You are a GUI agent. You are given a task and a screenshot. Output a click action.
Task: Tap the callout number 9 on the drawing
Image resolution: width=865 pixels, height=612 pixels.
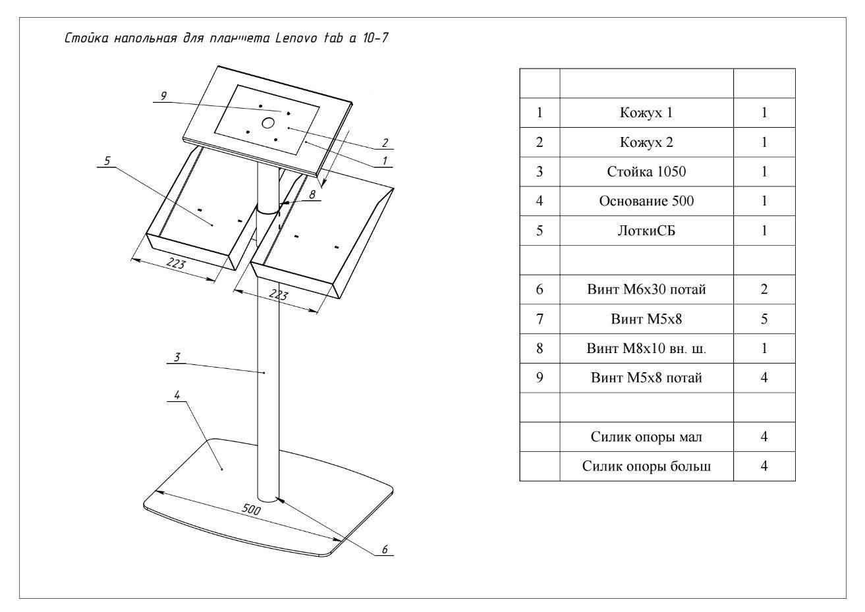click(163, 96)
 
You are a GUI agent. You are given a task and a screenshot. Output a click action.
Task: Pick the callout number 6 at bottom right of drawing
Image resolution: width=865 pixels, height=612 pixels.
click(385, 548)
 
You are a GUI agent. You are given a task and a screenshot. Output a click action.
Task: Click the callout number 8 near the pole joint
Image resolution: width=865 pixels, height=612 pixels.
click(312, 194)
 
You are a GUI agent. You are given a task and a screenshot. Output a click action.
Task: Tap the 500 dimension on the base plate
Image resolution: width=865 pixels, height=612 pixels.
click(251, 511)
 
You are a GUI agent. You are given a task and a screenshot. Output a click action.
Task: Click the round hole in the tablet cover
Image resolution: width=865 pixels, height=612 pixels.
click(268, 123)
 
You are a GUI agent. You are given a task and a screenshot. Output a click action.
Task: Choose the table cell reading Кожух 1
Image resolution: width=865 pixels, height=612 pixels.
click(646, 113)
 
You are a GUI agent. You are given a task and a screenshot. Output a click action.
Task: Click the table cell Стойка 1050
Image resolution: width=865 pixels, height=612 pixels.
click(646, 172)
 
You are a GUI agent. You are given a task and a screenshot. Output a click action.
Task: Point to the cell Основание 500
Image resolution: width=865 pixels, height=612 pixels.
click(646, 201)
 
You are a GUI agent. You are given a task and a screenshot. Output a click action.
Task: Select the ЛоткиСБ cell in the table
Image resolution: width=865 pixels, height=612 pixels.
click(646, 231)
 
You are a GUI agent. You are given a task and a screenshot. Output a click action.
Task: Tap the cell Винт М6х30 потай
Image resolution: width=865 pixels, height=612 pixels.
click(646, 289)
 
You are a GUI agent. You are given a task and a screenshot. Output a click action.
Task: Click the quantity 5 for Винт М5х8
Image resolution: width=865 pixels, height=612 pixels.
click(764, 319)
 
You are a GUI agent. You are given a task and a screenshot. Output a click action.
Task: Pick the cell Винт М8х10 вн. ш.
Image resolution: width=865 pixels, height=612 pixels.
click(646, 348)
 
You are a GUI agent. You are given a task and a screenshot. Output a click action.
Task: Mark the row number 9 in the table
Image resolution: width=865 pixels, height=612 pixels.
click(540, 378)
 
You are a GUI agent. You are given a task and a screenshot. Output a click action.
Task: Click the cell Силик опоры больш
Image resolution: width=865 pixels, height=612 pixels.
click(646, 466)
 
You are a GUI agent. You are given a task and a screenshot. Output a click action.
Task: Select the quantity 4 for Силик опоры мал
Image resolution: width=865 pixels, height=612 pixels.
click(764, 437)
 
